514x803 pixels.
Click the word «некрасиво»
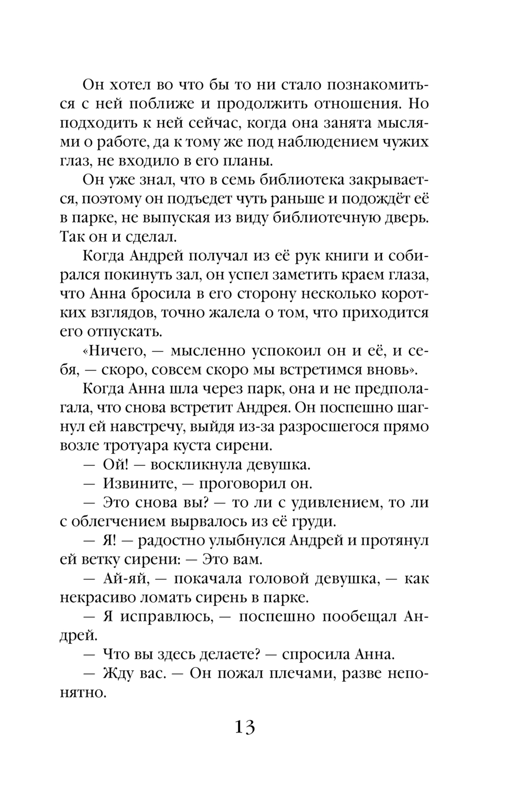click(103, 597)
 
